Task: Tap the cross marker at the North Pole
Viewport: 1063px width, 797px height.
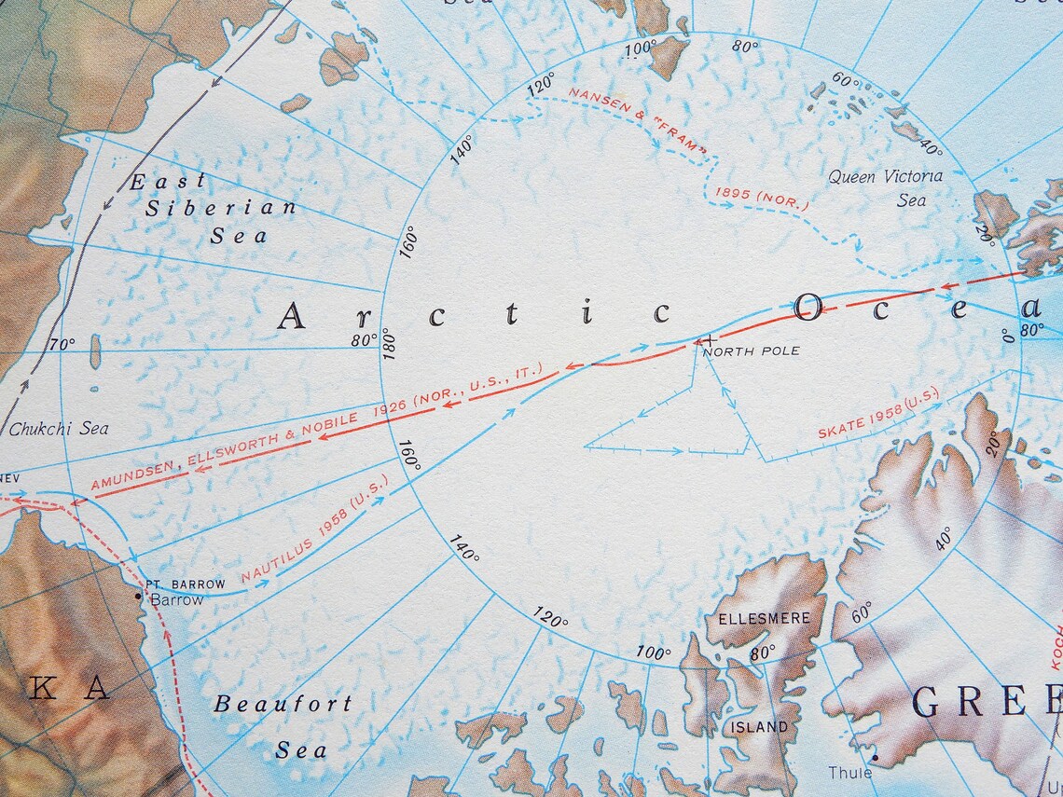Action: click(711, 339)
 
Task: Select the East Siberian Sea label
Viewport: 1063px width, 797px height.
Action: click(214, 208)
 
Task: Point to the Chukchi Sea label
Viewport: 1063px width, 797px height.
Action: click(59, 429)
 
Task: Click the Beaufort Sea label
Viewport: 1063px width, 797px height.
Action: click(283, 726)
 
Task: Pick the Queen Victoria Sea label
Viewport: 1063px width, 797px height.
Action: click(886, 187)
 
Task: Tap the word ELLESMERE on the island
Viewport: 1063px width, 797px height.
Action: click(757, 618)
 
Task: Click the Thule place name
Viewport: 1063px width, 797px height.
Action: click(850, 772)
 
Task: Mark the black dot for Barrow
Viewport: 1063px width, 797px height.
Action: click(139, 594)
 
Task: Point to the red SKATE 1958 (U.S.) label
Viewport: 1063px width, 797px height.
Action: click(877, 416)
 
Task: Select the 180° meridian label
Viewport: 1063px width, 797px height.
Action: click(389, 343)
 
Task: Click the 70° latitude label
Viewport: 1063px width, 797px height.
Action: click(62, 344)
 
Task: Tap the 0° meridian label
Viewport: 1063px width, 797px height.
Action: click(1008, 334)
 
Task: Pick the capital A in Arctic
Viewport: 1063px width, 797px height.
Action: click(292, 316)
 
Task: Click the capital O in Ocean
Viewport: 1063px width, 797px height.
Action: click(808, 306)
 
